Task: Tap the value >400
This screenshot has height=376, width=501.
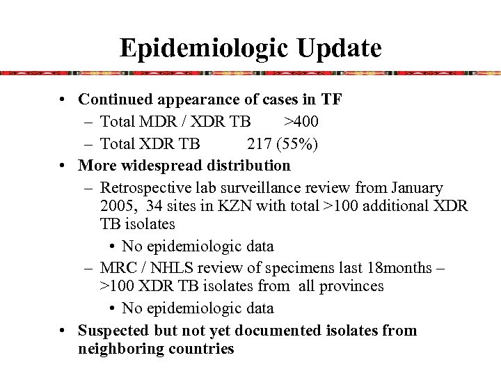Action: pos(301,122)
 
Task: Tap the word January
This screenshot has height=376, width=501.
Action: pos(415,188)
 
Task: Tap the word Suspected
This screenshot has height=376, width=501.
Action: pos(113,330)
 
